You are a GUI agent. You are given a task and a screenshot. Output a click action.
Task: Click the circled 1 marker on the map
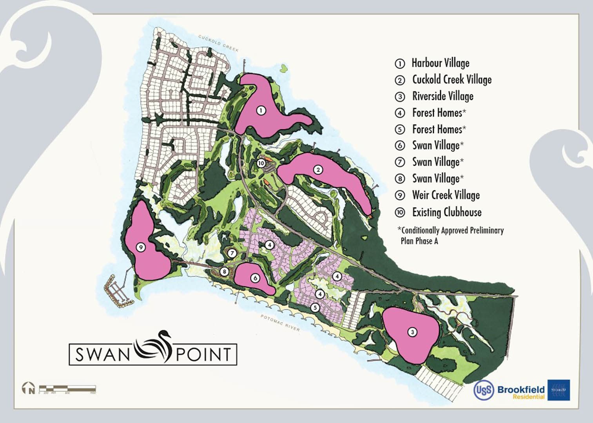point(261,110)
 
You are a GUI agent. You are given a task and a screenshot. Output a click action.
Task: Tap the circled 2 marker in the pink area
point(318,169)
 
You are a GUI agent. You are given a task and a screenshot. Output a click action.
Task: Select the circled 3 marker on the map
point(412,332)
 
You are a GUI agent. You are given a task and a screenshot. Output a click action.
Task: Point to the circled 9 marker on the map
point(140,247)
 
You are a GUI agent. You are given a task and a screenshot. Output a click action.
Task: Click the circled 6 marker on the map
point(255,278)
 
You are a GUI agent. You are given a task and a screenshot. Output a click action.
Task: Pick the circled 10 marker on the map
point(261,163)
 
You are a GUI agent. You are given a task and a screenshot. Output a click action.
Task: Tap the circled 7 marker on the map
point(232,253)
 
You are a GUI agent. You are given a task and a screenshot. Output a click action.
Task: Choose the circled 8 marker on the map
point(224,271)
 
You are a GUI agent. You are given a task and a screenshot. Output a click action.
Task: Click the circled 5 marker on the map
point(315,308)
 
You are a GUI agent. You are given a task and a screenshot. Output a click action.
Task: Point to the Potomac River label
point(281,323)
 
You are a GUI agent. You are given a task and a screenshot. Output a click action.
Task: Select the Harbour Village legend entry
point(440,63)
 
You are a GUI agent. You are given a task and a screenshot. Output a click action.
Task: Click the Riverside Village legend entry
point(442,96)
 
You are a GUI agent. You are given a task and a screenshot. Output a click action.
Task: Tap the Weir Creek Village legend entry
point(446,195)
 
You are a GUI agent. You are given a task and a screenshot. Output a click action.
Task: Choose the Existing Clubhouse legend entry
point(446,212)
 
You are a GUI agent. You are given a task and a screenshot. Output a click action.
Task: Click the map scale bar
point(67,389)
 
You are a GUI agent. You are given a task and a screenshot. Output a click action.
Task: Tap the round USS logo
point(484,390)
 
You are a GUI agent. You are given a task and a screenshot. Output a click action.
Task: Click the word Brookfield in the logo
point(521,389)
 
